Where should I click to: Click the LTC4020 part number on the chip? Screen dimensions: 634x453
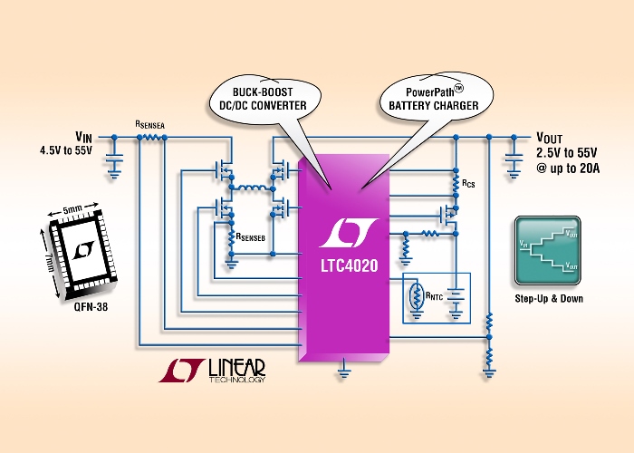[x=350, y=265]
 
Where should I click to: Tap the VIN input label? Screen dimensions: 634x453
[x=83, y=136]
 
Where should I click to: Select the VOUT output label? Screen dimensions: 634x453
[x=549, y=138]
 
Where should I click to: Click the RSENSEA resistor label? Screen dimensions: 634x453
[x=150, y=125]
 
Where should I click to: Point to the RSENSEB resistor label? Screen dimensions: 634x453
[x=251, y=237]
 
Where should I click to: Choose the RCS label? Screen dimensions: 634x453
[x=468, y=184]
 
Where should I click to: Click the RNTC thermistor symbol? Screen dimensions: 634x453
[x=416, y=296]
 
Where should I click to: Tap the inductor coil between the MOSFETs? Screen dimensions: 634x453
[x=252, y=188]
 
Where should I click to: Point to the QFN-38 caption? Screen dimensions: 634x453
[x=91, y=307]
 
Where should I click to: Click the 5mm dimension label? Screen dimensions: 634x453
[x=72, y=210]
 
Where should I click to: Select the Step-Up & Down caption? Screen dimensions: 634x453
[x=549, y=298]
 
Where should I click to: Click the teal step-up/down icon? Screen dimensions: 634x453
[x=548, y=251]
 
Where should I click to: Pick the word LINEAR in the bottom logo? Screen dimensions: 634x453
[x=237, y=367]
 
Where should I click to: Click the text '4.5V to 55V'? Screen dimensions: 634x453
[x=66, y=150]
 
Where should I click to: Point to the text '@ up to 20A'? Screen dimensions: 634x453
[x=568, y=169]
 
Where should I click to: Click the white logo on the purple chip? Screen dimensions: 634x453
[x=349, y=233]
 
